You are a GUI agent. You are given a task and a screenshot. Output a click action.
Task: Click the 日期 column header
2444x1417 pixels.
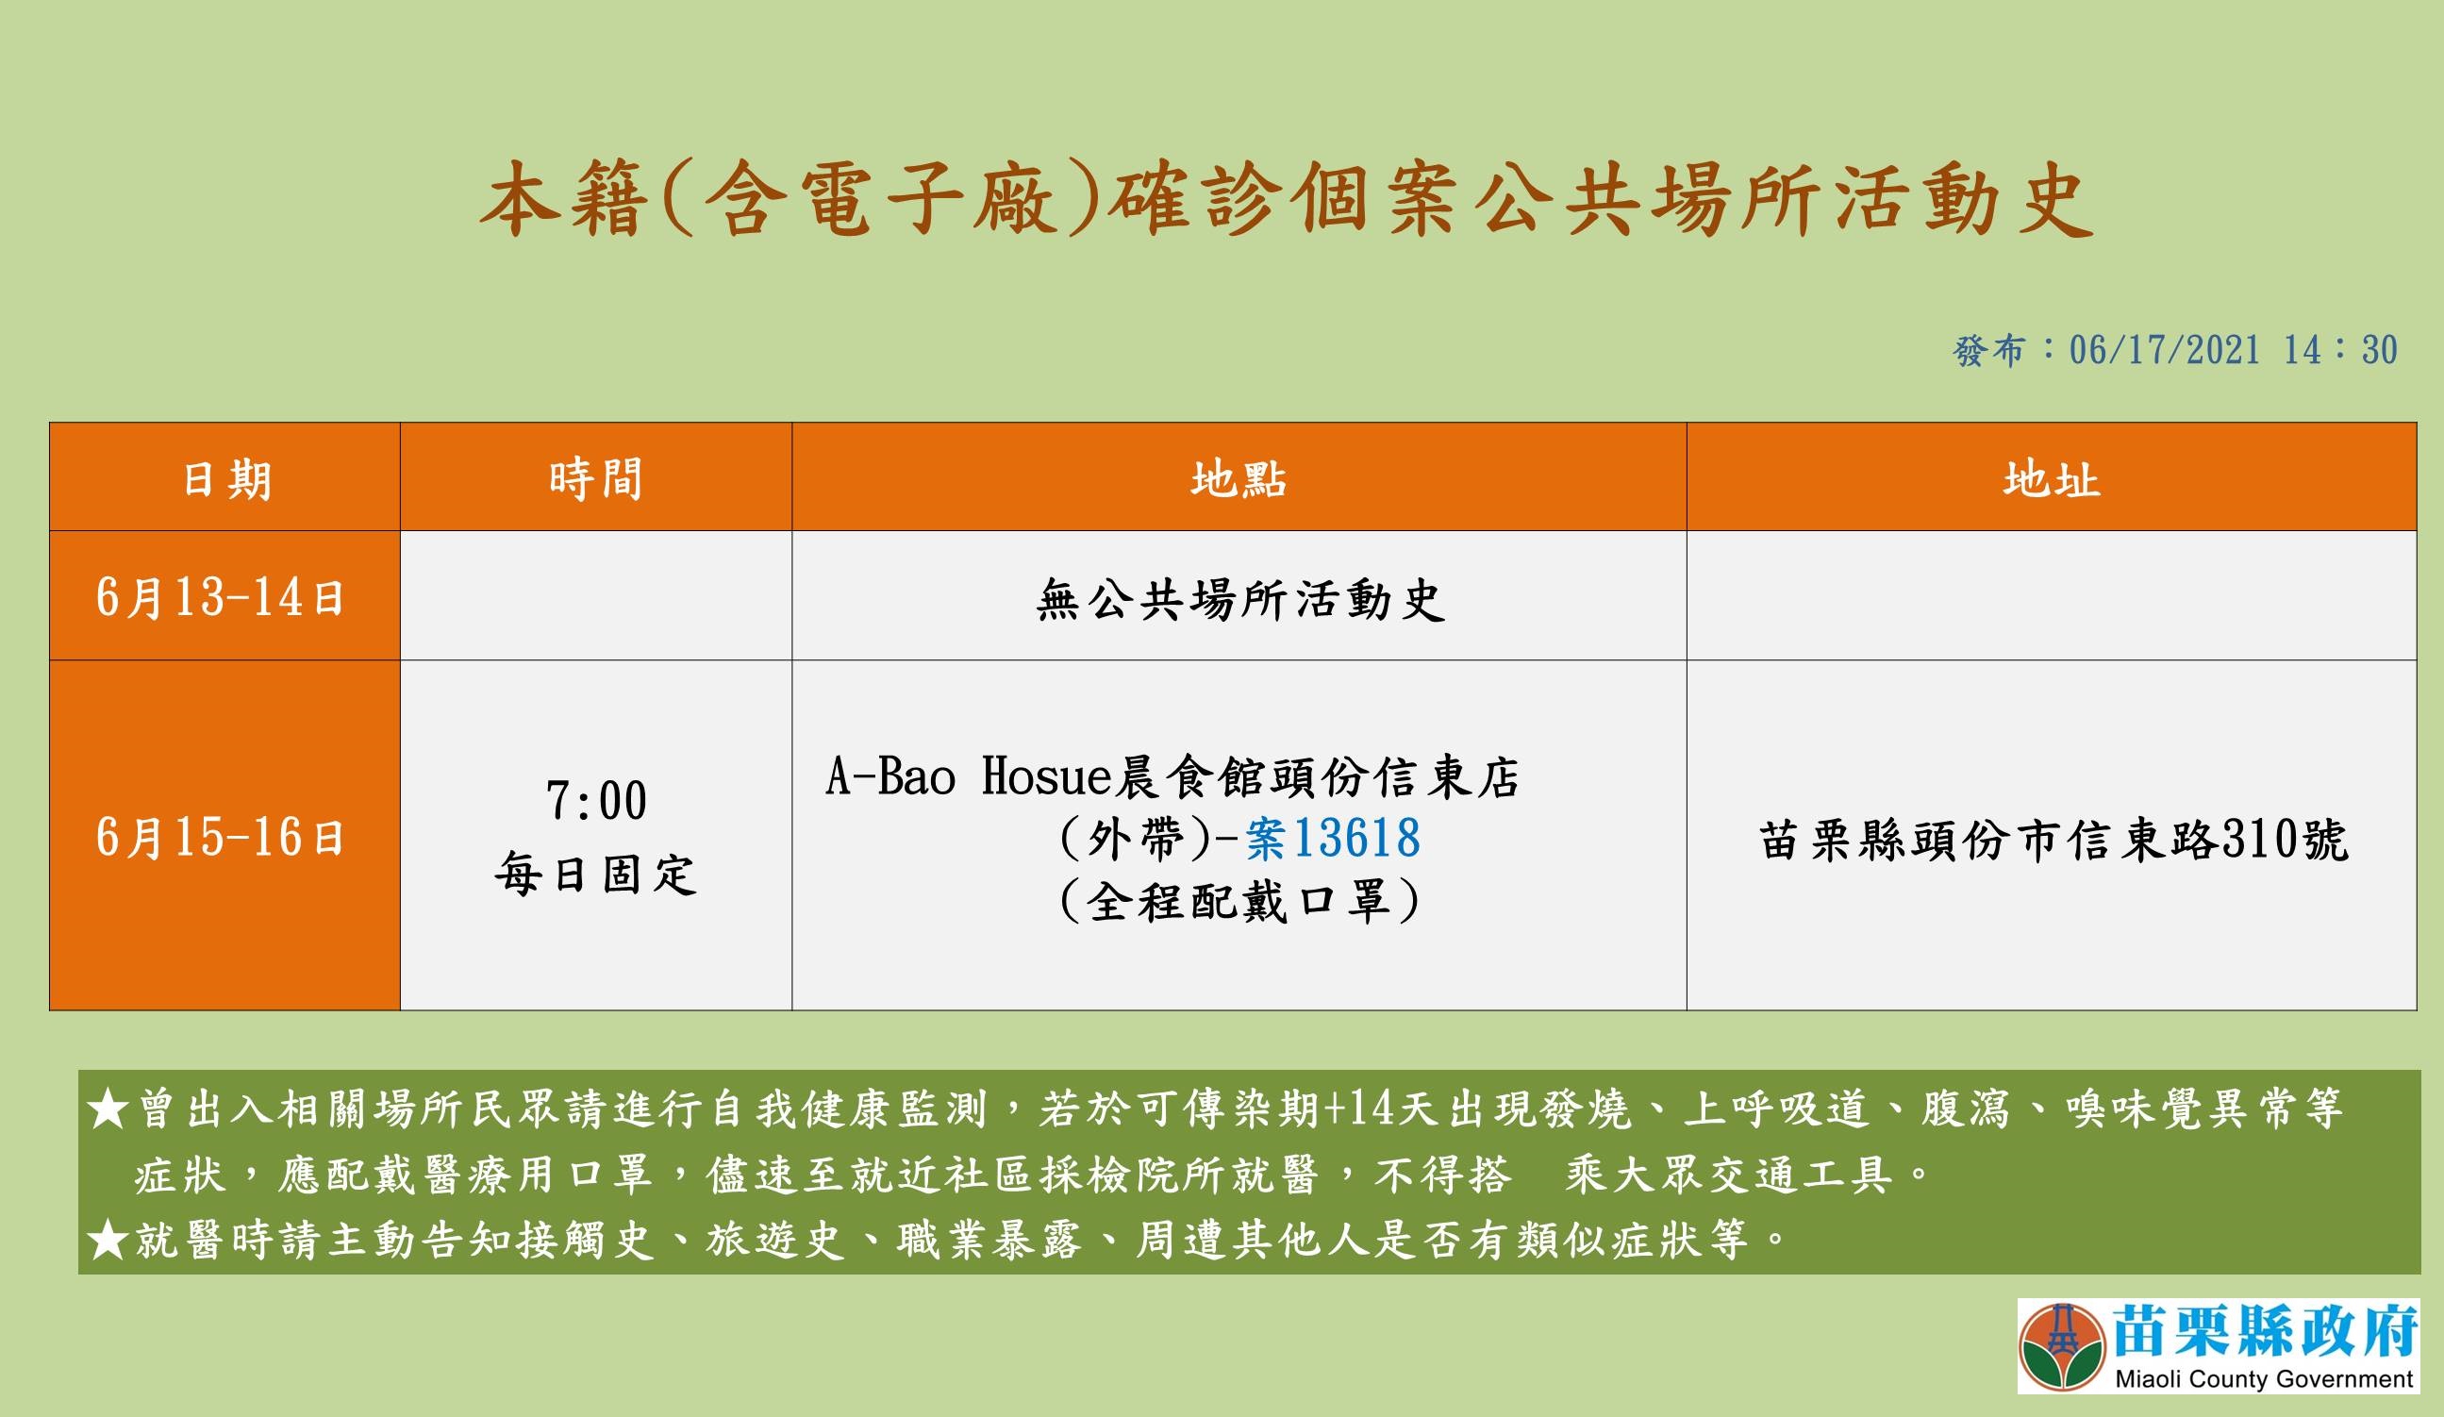pos(227,479)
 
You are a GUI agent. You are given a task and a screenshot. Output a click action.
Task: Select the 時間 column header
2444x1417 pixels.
pos(595,479)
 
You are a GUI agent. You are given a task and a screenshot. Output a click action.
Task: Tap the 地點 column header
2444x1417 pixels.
pos(1239,479)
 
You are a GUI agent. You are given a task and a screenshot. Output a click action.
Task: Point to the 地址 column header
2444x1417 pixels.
pos(2052,479)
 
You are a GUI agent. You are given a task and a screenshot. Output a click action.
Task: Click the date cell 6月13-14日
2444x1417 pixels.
pos(220,597)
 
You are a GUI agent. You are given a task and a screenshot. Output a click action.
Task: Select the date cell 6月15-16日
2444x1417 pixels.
pos(220,837)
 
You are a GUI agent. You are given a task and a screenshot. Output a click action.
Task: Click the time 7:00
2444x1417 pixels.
pos(595,801)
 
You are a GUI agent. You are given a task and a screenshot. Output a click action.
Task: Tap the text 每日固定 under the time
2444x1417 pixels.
pos(595,875)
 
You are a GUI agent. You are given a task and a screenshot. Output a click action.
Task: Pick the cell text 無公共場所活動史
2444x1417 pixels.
pos(1240,600)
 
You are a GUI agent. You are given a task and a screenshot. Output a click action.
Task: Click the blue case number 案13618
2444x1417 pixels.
pos(1334,838)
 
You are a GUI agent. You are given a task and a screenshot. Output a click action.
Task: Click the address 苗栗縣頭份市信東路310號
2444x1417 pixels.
pos(2054,840)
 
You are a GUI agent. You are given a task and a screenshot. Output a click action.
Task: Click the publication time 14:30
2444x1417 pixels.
pos(2340,350)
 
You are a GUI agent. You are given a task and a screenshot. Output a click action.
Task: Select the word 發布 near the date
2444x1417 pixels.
pos(1988,350)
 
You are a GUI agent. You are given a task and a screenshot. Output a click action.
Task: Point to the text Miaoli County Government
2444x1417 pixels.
pos(2263,1379)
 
